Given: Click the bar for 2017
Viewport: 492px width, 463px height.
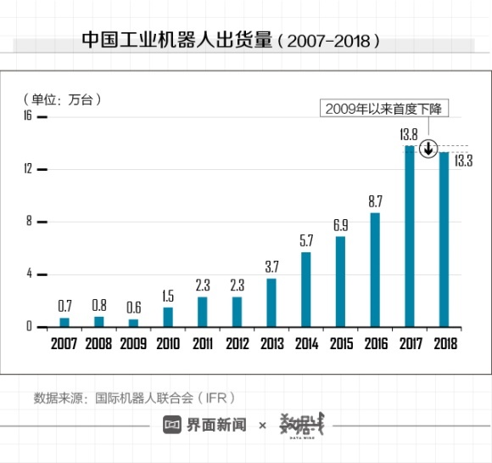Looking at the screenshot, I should (410, 236).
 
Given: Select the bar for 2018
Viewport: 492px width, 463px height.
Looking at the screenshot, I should (444, 239).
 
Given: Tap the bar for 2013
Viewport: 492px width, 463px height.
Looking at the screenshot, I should (271, 302).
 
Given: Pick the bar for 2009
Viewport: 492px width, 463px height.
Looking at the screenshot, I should (133, 323).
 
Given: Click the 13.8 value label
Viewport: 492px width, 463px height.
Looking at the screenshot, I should (409, 134).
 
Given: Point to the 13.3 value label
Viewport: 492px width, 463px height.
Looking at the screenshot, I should (463, 160).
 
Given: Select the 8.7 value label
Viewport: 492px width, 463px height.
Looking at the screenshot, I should (375, 201).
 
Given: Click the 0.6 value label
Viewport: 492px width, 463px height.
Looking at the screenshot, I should (133, 308).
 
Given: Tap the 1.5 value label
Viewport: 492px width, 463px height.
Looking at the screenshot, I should (168, 296).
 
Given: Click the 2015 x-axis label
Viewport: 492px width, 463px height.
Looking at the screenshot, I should (340, 344).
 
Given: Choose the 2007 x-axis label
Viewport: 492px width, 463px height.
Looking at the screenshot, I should (64, 344).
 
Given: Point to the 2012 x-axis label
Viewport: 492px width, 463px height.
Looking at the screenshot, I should (237, 344).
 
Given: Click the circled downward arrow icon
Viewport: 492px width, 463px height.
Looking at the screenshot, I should (429, 149).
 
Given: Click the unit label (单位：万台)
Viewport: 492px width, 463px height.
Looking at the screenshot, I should (62, 99).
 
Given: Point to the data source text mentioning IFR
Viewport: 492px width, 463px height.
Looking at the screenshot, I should (134, 397).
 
